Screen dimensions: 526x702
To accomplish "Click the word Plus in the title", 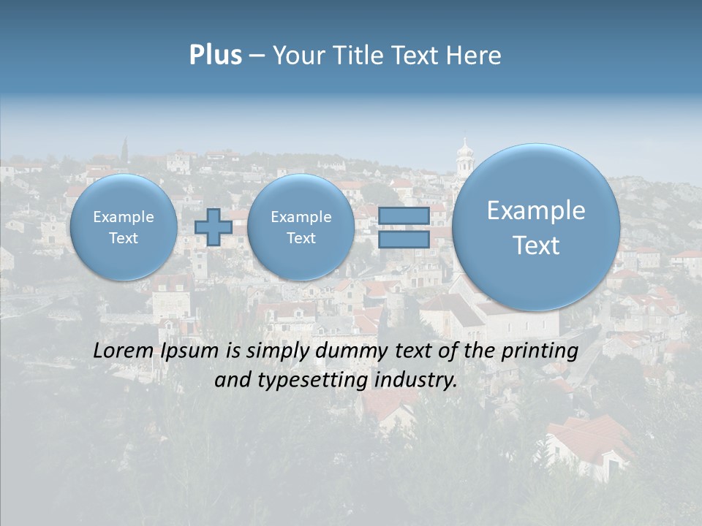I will pyautogui.click(x=215, y=56).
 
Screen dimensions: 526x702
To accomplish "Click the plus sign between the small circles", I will pyautogui.click(x=213, y=226).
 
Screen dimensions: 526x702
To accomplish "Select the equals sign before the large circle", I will pyautogui.click(x=404, y=227).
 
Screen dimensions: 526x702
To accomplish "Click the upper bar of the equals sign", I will pyautogui.click(x=404, y=216).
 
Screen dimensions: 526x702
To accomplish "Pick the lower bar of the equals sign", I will pyautogui.click(x=404, y=239).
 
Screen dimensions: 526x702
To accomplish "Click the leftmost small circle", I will pyautogui.click(x=124, y=227).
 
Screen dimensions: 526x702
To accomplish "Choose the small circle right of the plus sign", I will pyautogui.click(x=301, y=227).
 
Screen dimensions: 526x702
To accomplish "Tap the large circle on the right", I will pyautogui.click(x=536, y=227).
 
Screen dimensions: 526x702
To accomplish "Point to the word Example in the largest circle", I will pyautogui.click(x=536, y=210).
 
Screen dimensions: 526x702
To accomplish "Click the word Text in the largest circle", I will pyautogui.click(x=536, y=245).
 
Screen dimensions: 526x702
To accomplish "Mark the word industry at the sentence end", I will pyautogui.click(x=415, y=381).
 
